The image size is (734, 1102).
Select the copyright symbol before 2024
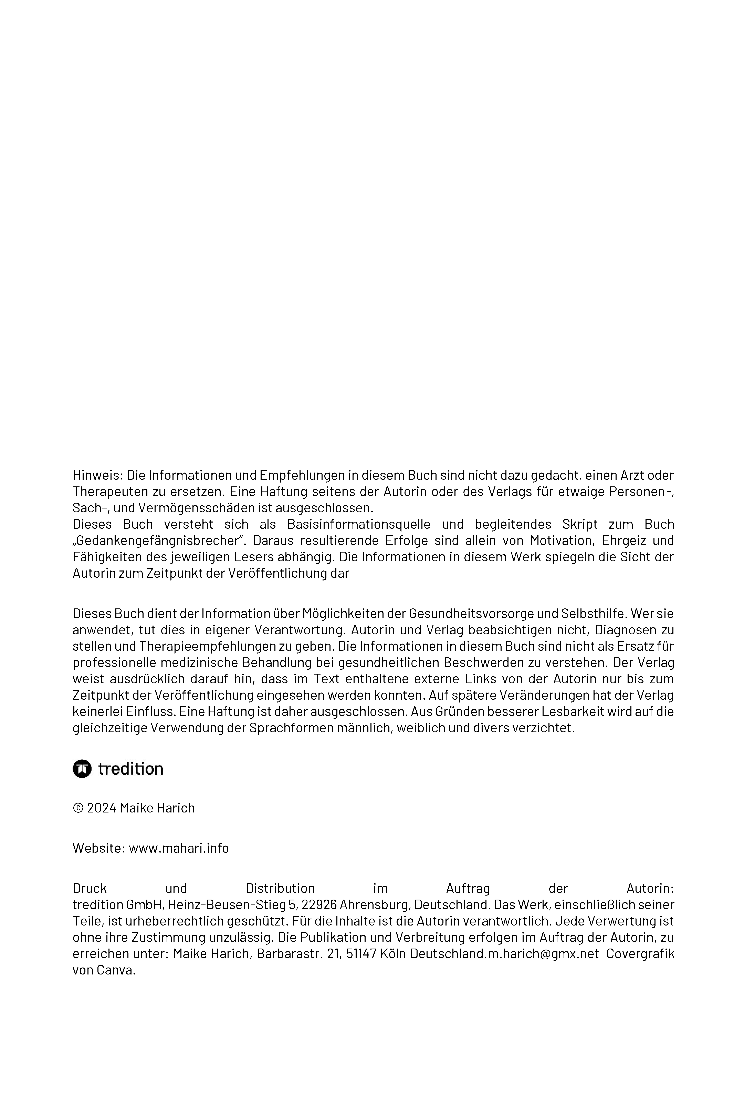pos(78,808)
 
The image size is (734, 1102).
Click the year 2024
pos(102,808)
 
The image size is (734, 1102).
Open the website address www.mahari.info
pos(179,848)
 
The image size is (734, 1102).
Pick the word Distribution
pos(280,888)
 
